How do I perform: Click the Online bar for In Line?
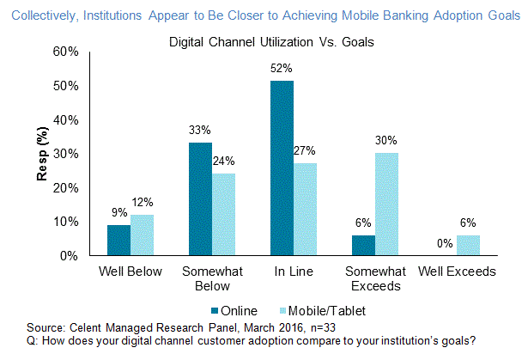[282, 168]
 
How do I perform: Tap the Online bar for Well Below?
[118, 241]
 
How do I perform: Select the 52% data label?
[282, 69]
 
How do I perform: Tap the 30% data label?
[388, 141]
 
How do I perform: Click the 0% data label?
[444, 244]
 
